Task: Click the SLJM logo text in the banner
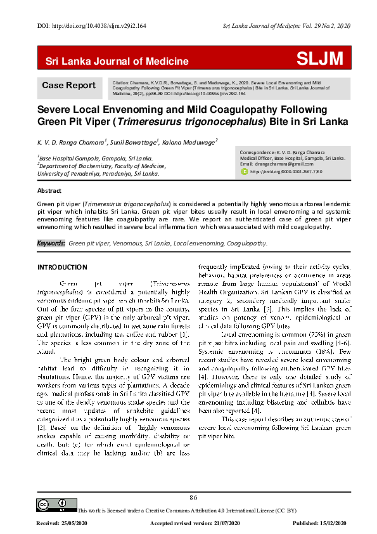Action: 320,60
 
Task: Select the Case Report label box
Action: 68,86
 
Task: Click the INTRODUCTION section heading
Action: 62,267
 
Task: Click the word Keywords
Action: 51,243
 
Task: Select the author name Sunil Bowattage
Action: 136,143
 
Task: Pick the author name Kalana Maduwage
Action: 191,143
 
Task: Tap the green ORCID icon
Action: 245,171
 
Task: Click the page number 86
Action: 194,497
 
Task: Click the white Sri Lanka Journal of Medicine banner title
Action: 117,62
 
